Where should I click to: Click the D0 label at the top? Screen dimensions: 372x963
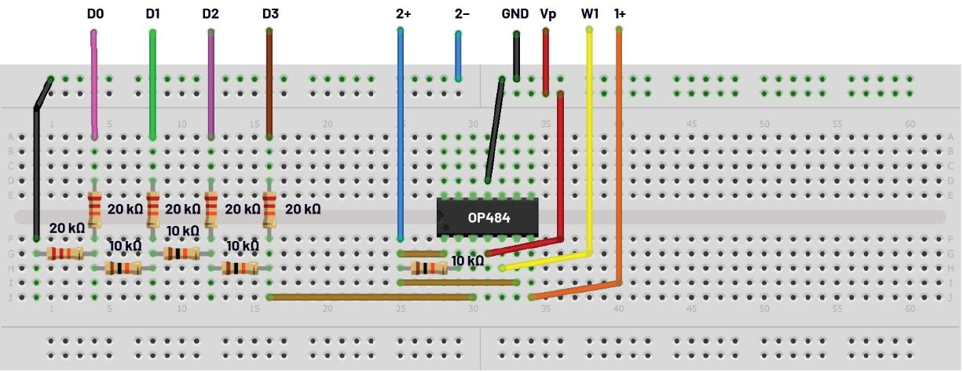(94, 14)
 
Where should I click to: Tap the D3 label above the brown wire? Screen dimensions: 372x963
(270, 14)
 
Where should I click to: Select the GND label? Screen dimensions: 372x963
(515, 14)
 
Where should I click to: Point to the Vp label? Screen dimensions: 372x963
(548, 14)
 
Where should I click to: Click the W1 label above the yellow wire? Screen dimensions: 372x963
(589, 14)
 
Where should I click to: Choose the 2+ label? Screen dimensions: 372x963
(404, 14)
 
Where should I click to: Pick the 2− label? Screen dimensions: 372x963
(462, 14)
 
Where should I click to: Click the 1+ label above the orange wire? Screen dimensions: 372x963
(620, 14)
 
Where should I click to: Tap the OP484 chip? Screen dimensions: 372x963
(487, 217)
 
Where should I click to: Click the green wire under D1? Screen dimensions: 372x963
(152, 86)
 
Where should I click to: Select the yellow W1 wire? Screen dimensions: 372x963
(589, 141)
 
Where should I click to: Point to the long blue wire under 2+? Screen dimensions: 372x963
(401, 133)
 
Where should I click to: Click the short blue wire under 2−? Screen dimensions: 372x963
(459, 55)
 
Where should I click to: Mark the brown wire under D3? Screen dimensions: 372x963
(269, 86)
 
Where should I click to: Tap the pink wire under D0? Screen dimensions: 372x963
(94, 86)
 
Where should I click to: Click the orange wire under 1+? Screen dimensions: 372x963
(619, 157)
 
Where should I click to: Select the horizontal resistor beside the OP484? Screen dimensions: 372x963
(429, 268)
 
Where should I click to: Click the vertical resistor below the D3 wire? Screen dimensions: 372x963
(269, 210)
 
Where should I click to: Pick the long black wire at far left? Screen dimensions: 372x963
(36, 173)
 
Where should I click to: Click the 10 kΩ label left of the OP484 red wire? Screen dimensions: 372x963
(467, 261)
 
